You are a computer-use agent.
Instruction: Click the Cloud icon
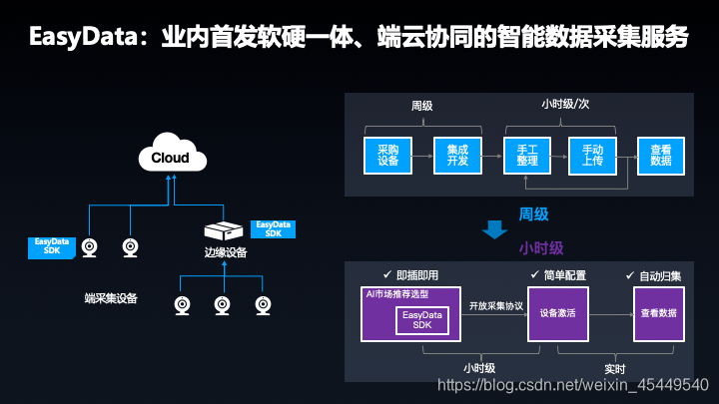(x=171, y=157)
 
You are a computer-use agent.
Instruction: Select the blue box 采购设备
(x=388, y=155)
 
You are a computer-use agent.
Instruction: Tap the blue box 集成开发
(x=457, y=155)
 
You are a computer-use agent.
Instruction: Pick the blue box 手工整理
(x=527, y=155)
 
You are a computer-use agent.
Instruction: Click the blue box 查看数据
(x=661, y=155)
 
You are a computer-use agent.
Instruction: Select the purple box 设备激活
(x=557, y=313)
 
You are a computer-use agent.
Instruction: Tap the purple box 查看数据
(x=658, y=313)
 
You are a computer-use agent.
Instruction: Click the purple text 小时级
(x=541, y=247)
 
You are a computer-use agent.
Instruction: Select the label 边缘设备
(x=226, y=252)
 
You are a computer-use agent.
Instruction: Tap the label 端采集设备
(x=112, y=297)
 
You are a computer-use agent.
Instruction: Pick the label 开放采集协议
(x=495, y=306)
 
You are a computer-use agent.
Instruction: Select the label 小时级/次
(x=565, y=105)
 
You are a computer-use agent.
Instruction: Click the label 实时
(x=615, y=368)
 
